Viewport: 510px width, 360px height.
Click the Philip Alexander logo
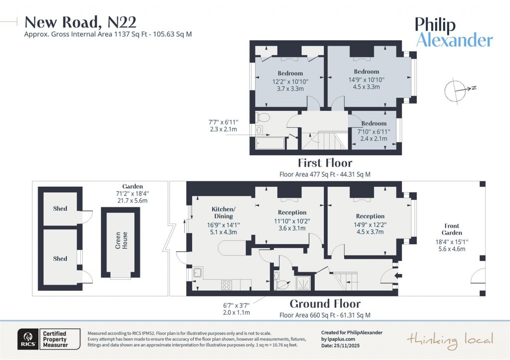pyautogui.click(x=454, y=32)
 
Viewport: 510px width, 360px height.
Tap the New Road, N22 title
pyautogui.click(x=80, y=22)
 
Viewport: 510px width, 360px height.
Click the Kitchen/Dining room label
pyautogui.click(x=223, y=213)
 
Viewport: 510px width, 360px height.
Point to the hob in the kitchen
pyautogui.click(x=227, y=285)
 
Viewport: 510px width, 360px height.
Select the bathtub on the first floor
pyautogui.click(x=269, y=143)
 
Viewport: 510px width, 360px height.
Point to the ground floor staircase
pyautogui.click(x=343, y=281)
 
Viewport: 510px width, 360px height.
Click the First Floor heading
pyautogui.click(x=325, y=163)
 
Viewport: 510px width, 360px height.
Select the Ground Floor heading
pyautogui.click(x=325, y=304)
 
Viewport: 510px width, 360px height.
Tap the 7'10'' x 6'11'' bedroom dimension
pyautogui.click(x=374, y=131)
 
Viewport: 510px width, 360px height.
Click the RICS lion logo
pyautogui.click(x=26, y=338)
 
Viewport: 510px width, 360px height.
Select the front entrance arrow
pyautogui.click(x=396, y=274)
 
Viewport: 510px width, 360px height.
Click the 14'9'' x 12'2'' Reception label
pyautogui.click(x=370, y=224)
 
